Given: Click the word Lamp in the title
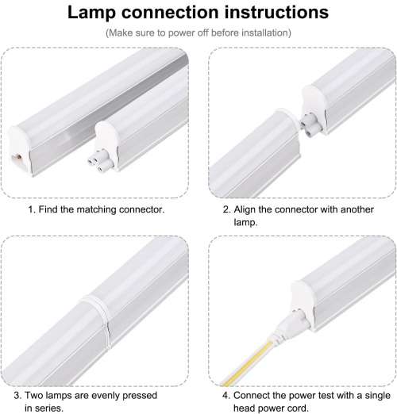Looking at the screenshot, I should coord(94,13).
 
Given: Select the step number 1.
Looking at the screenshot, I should coord(31,210).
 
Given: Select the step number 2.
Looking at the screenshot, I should coord(225,210).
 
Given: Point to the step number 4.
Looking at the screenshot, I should coord(225,394).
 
